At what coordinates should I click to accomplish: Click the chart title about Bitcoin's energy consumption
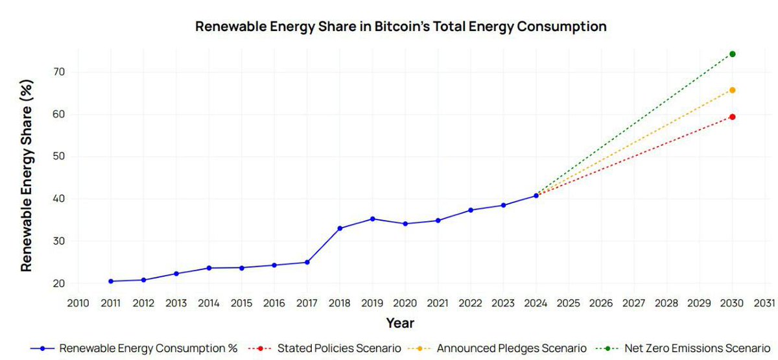tap(401, 27)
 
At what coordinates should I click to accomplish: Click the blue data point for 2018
tap(340, 228)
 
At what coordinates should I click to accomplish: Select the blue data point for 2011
tap(111, 281)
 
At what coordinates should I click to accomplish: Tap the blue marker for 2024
tap(536, 195)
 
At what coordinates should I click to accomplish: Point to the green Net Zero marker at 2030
tap(732, 54)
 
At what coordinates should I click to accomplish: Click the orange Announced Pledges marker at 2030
tap(732, 90)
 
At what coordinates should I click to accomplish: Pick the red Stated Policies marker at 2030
tap(732, 117)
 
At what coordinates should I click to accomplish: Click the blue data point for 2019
tap(372, 219)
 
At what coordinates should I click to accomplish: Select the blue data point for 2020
tap(405, 224)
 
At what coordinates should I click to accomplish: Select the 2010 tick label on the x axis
tap(78, 303)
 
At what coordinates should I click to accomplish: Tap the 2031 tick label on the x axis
tap(764, 303)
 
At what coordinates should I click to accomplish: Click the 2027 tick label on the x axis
tap(633, 303)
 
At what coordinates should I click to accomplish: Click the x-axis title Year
tap(400, 322)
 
